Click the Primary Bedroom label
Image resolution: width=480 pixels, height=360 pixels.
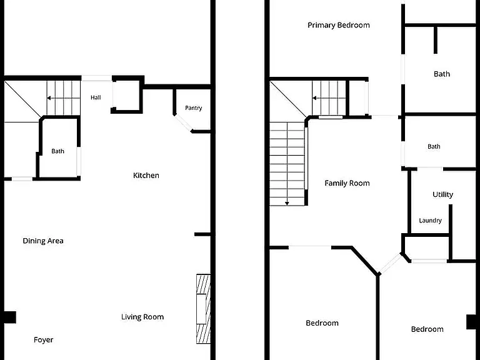click(x=339, y=25)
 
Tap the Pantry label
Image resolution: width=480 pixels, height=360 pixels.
click(x=194, y=108)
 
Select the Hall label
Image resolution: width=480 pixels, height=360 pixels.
click(x=96, y=97)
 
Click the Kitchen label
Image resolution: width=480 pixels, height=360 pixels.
click(x=146, y=176)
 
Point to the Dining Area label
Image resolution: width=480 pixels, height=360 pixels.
click(x=43, y=241)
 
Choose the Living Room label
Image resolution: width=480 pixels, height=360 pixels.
click(x=142, y=317)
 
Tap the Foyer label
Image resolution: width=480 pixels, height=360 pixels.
click(x=44, y=340)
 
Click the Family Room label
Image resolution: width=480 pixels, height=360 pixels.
click(x=347, y=183)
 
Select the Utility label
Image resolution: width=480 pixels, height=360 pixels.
click(x=442, y=195)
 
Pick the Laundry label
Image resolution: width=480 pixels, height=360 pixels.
click(x=430, y=221)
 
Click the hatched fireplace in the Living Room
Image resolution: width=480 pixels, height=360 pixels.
click(x=203, y=309)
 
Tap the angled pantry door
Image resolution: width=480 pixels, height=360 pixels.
click(x=182, y=122)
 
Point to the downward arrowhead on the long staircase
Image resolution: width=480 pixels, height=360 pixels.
click(x=287, y=203)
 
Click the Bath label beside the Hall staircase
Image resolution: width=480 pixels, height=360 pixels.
click(x=58, y=151)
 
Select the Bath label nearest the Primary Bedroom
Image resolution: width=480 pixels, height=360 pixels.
click(x=442, y=74)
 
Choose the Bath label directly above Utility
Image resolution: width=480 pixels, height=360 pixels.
click(x=434, y=147)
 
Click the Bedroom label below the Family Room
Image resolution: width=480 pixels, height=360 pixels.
click(x=322, y=323)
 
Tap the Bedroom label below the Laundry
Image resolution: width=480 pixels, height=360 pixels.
click(x=427, y=329)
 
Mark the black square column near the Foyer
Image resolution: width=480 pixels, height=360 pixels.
click(x=10, y=317)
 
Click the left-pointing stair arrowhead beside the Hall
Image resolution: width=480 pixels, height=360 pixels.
click(x=48, y=98)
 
